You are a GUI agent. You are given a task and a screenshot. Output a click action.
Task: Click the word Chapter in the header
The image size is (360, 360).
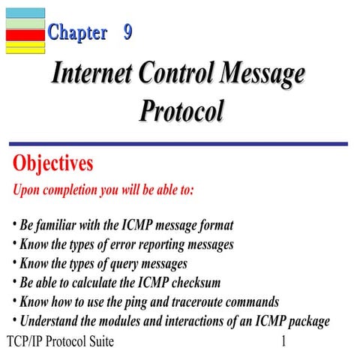click(x=77, y=32)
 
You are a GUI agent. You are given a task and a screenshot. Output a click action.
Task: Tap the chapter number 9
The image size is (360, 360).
click(x=128, y=32)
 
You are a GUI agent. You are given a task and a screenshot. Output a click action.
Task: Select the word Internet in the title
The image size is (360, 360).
click(x=94, y=75)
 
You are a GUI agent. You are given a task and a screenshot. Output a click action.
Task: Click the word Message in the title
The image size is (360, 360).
click(x=259, y=75)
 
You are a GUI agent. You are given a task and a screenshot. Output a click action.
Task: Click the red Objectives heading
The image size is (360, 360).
click(x=52, y=163)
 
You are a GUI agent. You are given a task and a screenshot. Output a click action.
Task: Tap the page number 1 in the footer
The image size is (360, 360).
click(x=283, y=343)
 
